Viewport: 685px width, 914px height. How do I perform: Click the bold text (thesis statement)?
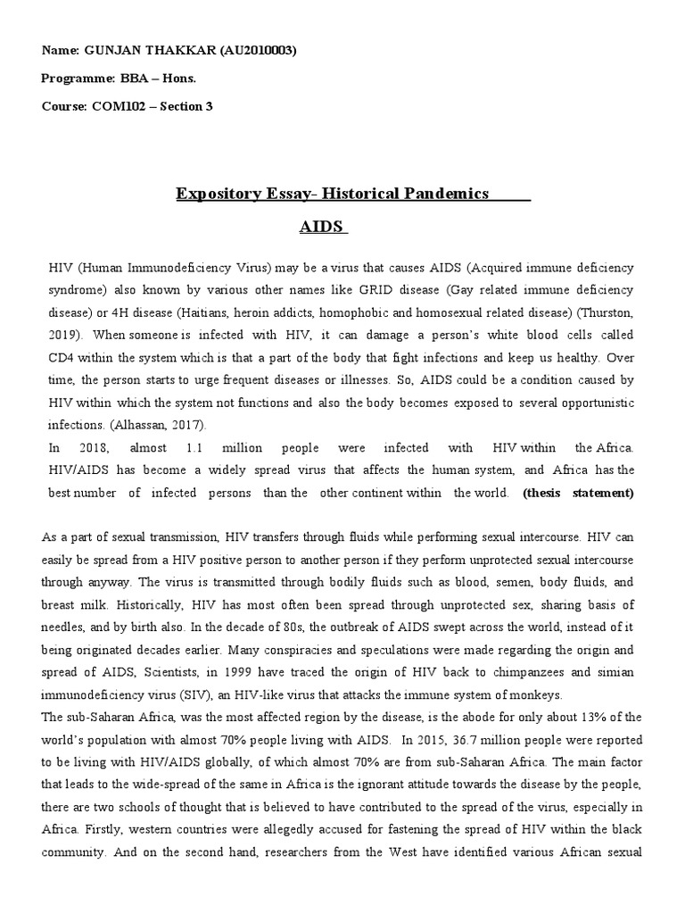[x=578, y=492]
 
